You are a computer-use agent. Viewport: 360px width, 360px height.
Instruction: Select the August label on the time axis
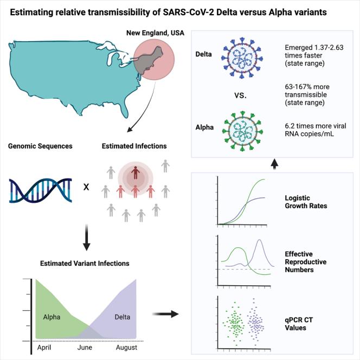point(127,348)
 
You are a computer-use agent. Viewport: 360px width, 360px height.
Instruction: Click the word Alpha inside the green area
point(53,317)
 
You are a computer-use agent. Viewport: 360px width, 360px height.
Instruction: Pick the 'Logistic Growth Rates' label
point(309,201)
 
